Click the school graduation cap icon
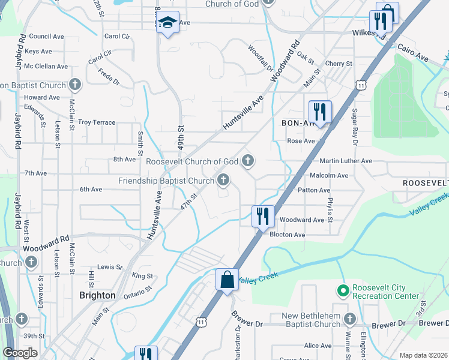(168, 23)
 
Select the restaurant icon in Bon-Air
(320, 112)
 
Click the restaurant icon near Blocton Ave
(262, 216)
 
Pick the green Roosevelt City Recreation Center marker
(343, 292)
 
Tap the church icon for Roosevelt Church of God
(248, 161)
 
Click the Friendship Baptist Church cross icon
(223, 180)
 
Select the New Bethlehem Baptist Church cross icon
(349, 319)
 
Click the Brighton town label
(97, 295)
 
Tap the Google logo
(20, 353)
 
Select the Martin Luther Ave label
(346, 161)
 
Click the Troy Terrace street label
(97, 122)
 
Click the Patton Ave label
(315, 190)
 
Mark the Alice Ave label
(318, 346)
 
